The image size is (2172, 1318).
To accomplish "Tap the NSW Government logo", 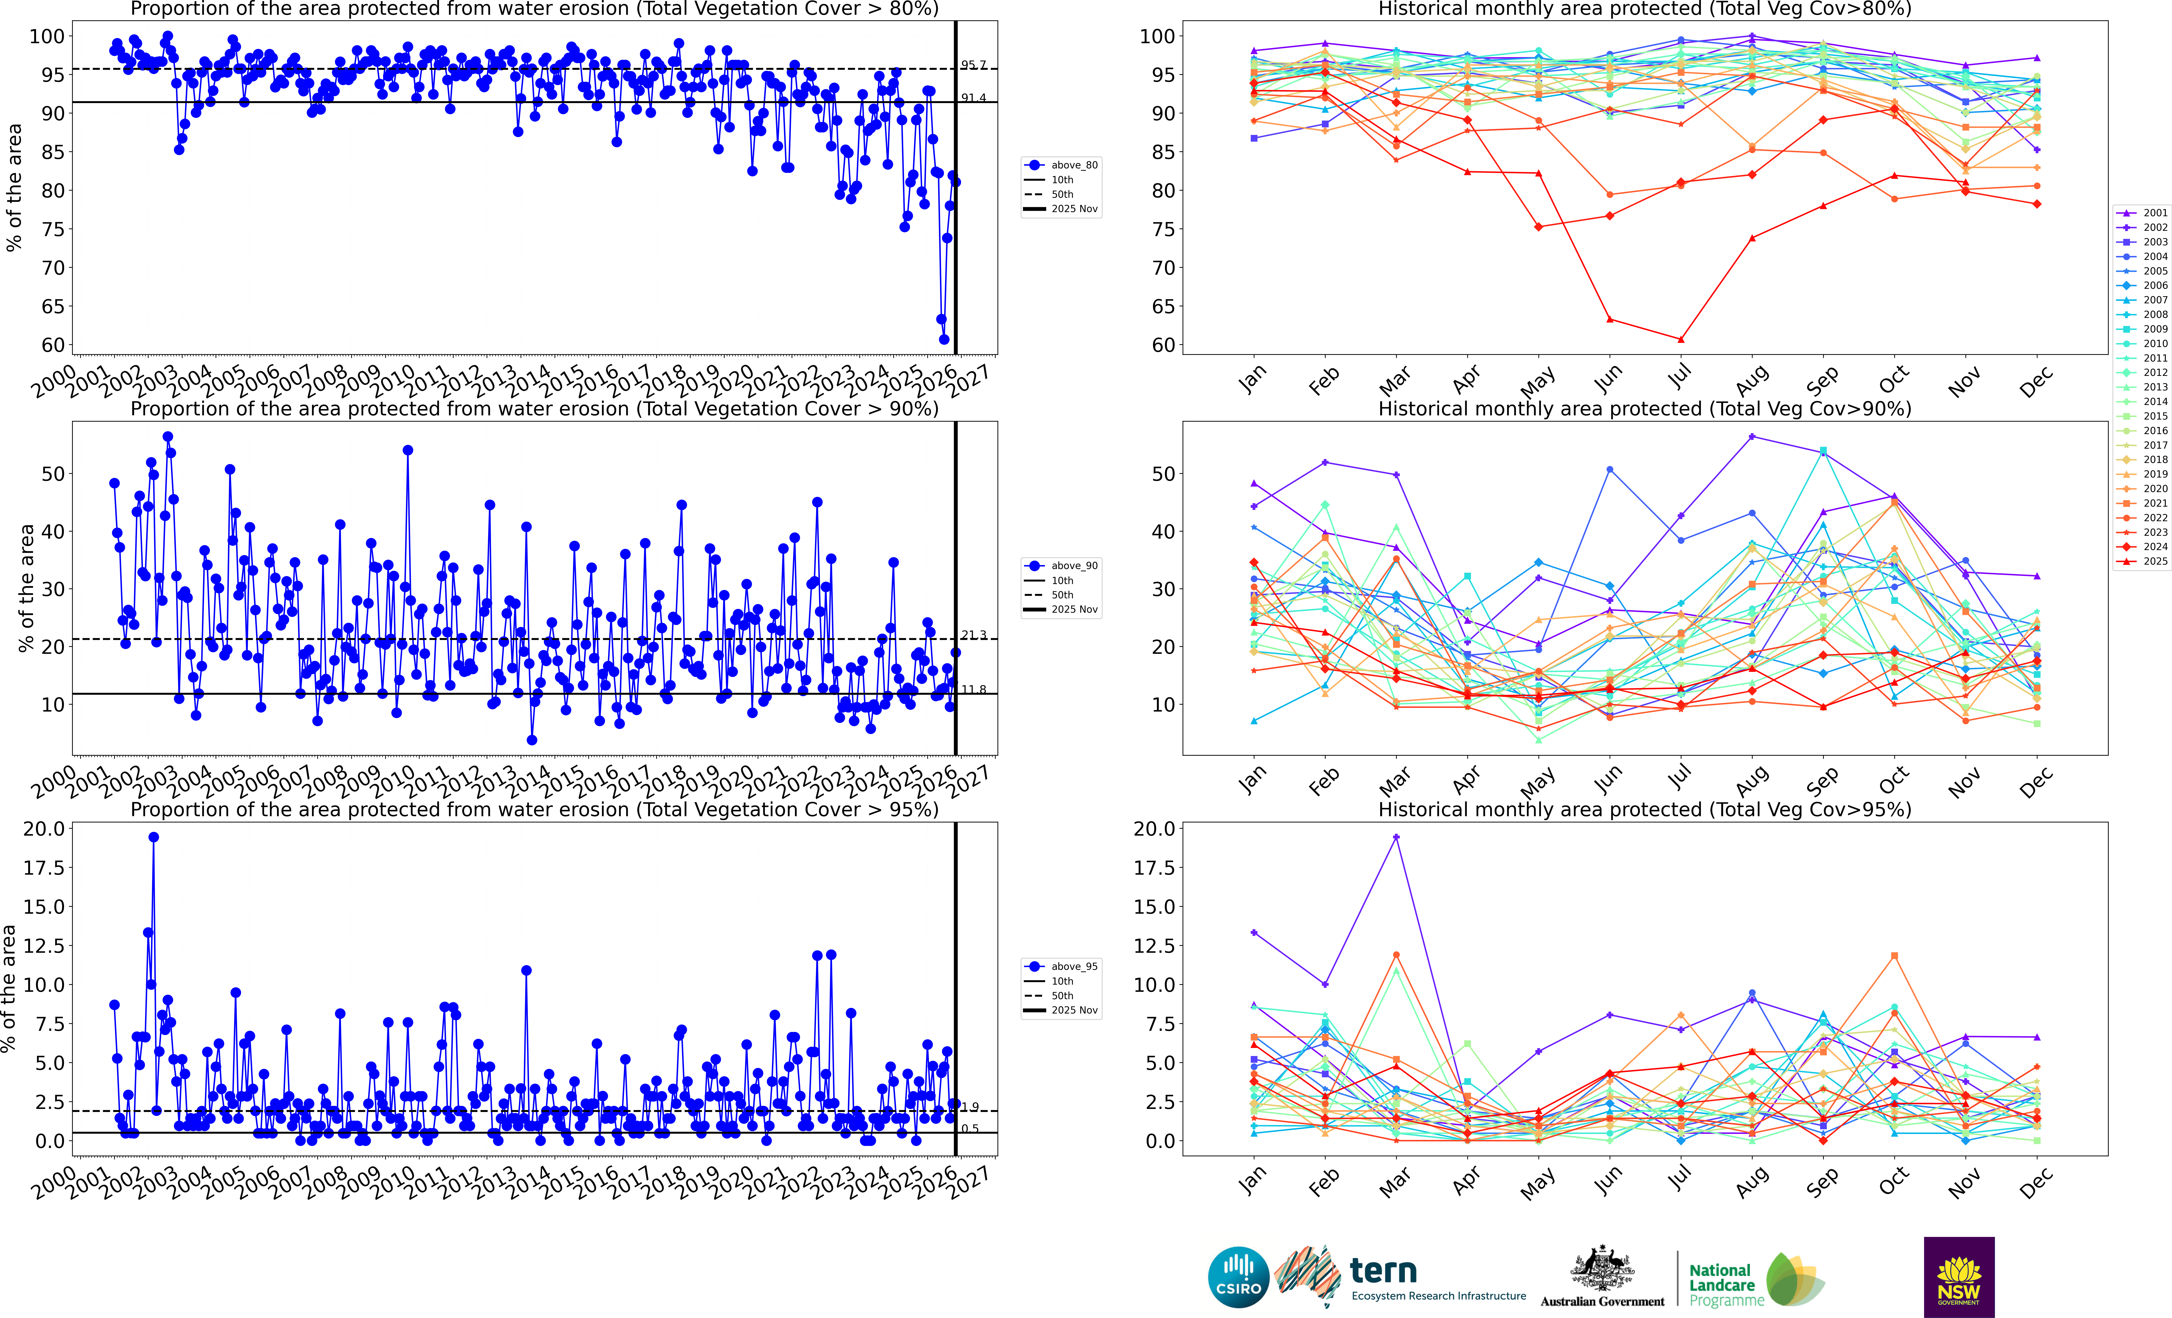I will coord(1959,1277).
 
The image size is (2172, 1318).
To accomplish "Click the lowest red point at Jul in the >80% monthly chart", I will coord(1681,339).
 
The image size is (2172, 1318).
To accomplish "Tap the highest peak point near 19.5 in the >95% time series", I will coord(153,837).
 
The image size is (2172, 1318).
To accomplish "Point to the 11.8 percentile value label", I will coord(973,689).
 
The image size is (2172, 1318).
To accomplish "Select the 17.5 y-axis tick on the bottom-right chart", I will coord(1154,868).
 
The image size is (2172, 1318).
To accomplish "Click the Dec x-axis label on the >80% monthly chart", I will coord(2036,381).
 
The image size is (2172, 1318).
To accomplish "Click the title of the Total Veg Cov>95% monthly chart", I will coord(1644,809).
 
